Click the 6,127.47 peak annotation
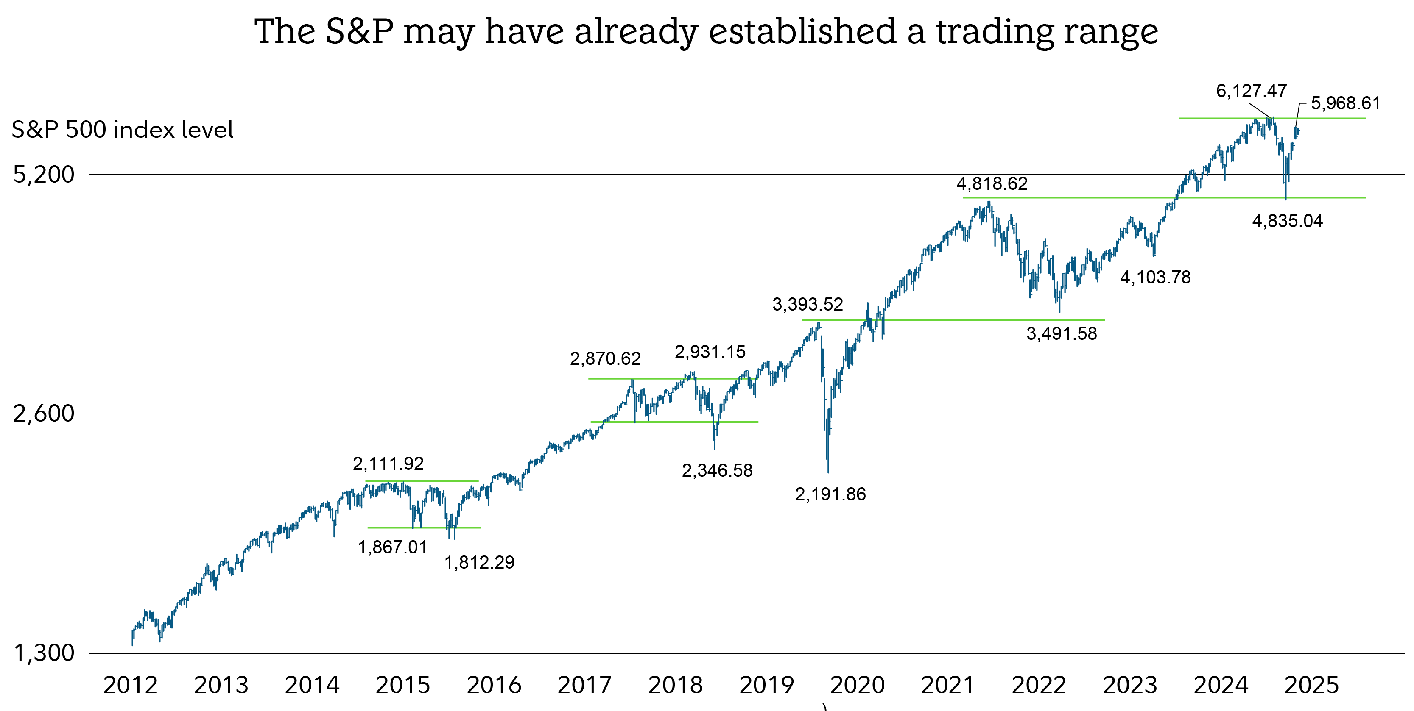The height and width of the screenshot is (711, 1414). (x=1251, y=91)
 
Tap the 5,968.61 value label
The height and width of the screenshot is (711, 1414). (x=1345, y=103)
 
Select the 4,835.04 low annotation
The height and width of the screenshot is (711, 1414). (x=1287, y=221)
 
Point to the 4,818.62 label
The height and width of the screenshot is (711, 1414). (x=992, y=184)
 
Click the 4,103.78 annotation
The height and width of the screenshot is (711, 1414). (x=1155, y=278)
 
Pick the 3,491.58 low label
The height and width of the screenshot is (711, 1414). (x=1062, y=333)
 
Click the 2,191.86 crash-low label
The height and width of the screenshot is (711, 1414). (x=830, y=494)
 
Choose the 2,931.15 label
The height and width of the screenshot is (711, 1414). (x=710, y=352)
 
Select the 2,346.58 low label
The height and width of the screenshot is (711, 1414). (x=717, y=471)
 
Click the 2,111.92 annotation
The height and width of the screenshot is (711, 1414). (x=388, y=464)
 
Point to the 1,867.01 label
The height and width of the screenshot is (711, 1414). (x=392, y=547)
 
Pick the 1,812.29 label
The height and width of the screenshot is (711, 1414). (x=479, y=563)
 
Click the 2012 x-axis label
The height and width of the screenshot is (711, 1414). (x=130, y=685)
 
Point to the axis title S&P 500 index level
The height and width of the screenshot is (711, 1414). (x=123, y=130)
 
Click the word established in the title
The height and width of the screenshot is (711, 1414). (x=802, y=31)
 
